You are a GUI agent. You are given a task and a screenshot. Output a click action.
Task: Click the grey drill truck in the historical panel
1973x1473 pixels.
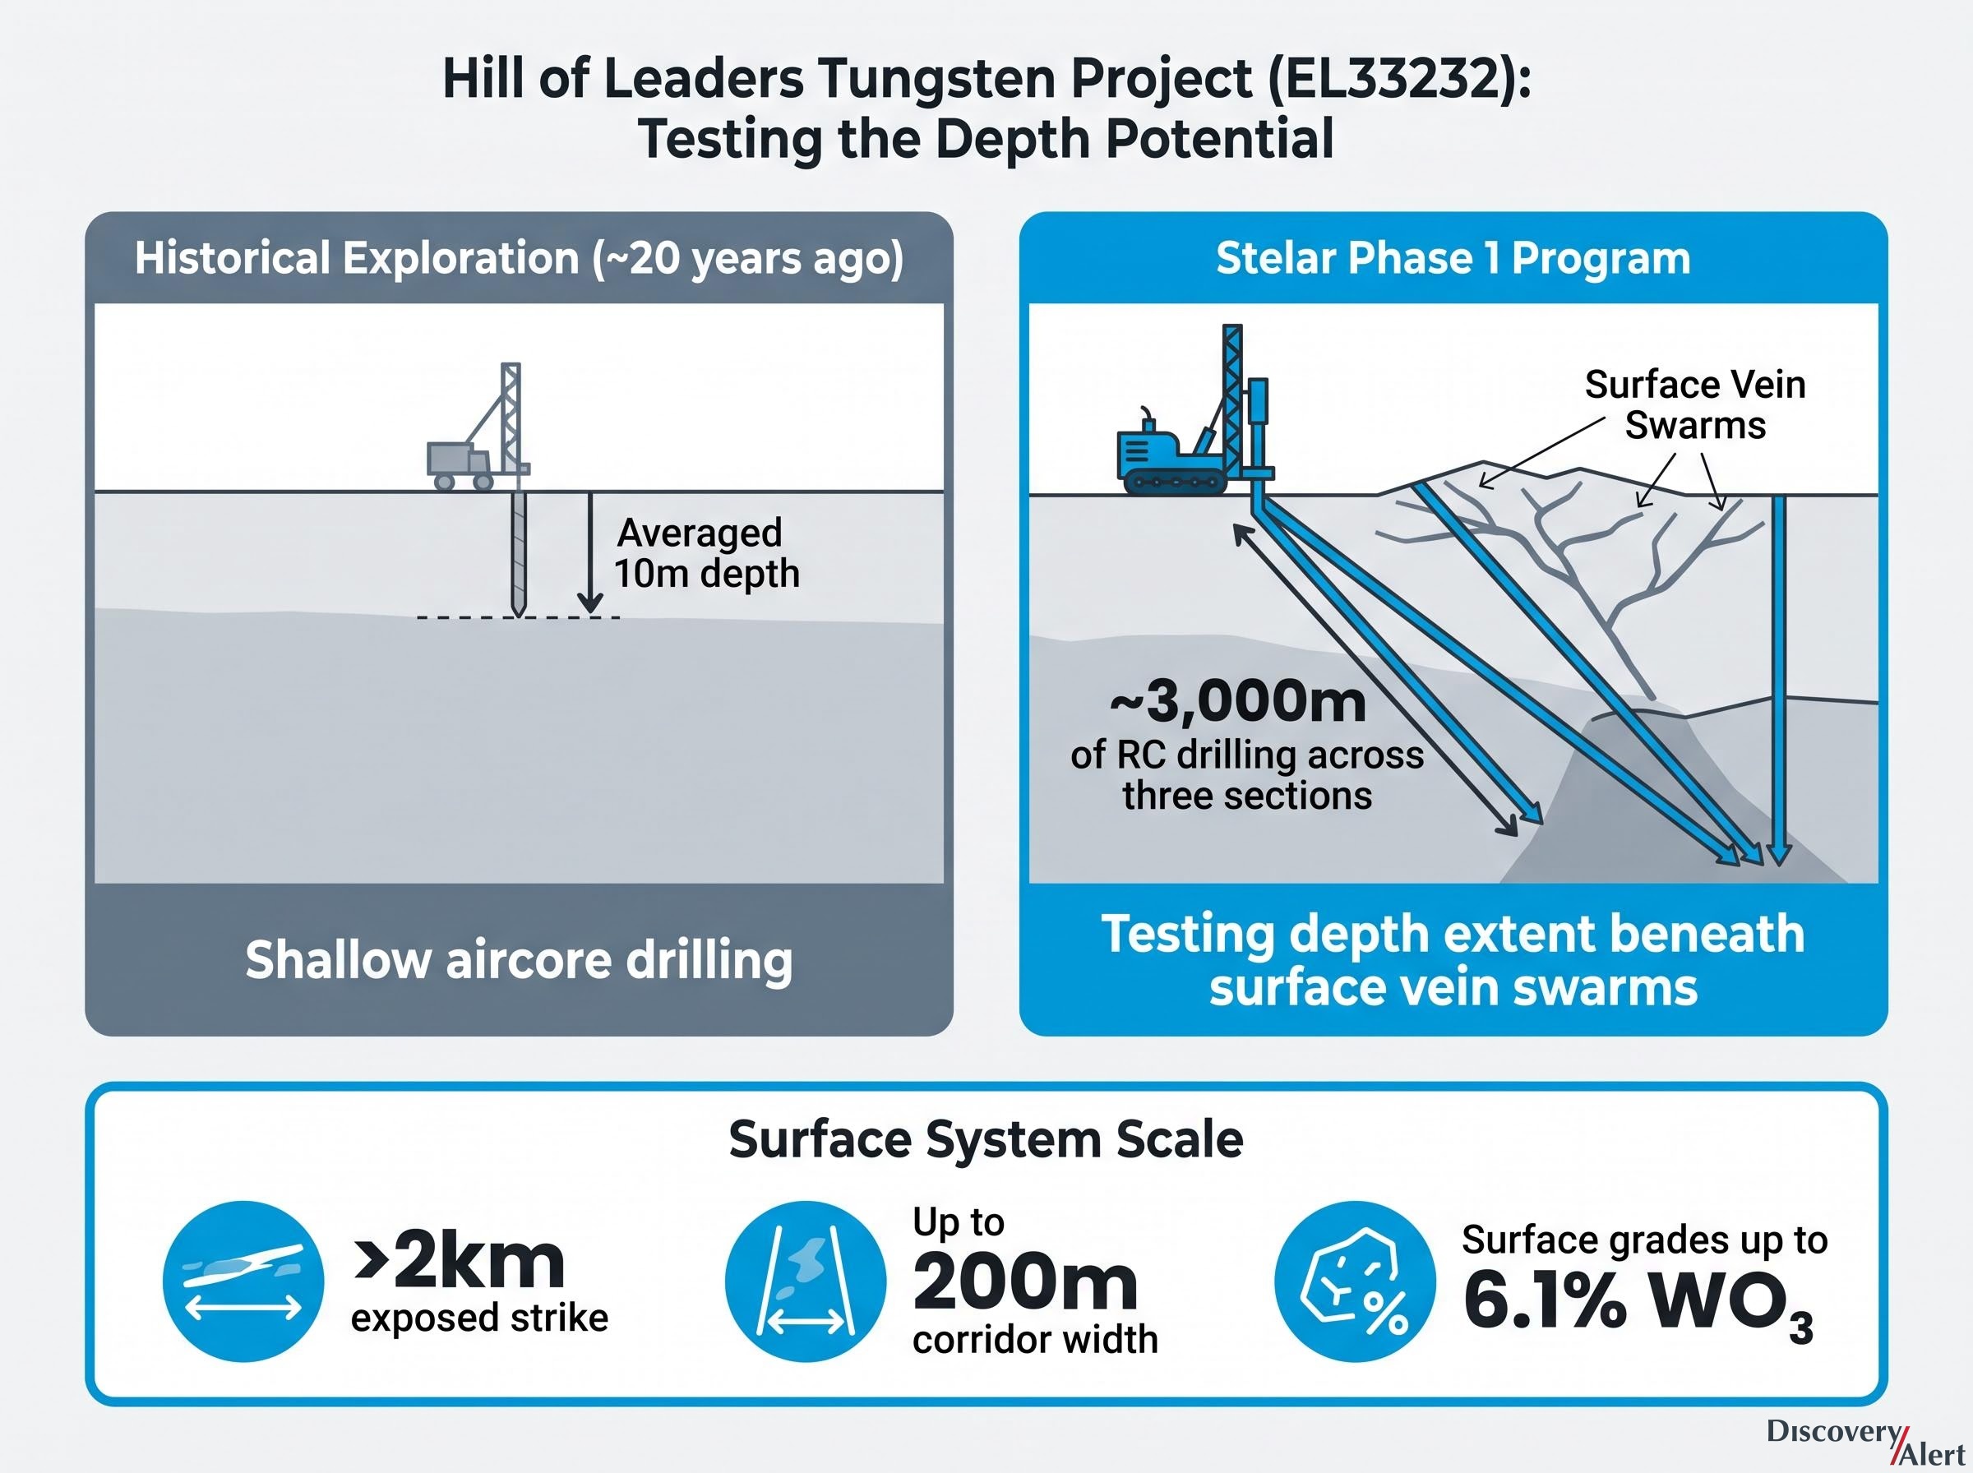[478, 428]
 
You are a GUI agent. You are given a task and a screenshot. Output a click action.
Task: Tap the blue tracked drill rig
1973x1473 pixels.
[1193, 410]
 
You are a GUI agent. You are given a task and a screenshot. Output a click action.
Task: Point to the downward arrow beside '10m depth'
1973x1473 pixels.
[589, 553]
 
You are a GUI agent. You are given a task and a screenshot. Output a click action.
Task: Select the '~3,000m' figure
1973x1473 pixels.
[1238, 701]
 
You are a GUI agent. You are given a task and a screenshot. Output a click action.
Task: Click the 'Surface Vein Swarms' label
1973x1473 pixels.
[1695, 404]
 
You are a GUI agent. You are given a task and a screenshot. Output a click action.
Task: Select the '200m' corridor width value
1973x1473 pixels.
[1025, 1281]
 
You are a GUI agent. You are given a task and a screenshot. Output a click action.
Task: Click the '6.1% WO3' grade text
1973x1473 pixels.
[1638, 1303]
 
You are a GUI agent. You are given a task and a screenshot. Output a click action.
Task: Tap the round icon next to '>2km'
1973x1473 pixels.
[243, 1281]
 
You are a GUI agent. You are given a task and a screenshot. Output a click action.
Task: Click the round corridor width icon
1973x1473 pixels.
[805, 1281]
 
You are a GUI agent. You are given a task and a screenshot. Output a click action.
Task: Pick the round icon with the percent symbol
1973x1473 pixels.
[1355, 1281]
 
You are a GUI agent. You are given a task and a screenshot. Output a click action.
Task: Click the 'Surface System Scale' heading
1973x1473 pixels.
[986, 1139]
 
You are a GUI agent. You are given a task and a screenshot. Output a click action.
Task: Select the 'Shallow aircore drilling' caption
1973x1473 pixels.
[519, 960]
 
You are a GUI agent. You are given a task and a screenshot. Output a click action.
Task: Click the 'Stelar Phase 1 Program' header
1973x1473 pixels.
[1453, 259]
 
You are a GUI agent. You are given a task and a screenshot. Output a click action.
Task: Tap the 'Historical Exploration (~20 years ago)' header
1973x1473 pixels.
[519, 259]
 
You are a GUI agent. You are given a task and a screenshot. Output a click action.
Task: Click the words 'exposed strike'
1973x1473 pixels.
[479, 1318]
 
